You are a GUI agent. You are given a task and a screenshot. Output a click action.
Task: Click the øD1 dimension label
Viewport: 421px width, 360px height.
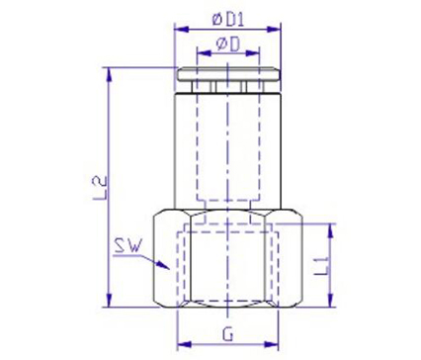[x=228, y=21]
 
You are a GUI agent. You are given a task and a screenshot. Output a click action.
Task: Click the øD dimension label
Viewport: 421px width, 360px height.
[x=228, y=45]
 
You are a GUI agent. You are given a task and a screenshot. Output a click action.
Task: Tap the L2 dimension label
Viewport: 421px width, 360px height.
[x=102, y=188]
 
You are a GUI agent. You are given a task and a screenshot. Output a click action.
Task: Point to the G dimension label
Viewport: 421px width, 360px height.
[x=228, y=335]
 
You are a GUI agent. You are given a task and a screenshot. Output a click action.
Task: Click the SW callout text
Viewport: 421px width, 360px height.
[x=127, y=246]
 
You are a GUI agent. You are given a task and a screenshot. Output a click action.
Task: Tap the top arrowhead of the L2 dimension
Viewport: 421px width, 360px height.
[x=109, y=75]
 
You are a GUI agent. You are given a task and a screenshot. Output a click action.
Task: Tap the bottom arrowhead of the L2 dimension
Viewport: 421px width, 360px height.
[x=109, y=300]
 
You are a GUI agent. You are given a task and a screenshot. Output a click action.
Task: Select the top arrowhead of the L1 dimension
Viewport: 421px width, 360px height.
[x=330, y=230]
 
